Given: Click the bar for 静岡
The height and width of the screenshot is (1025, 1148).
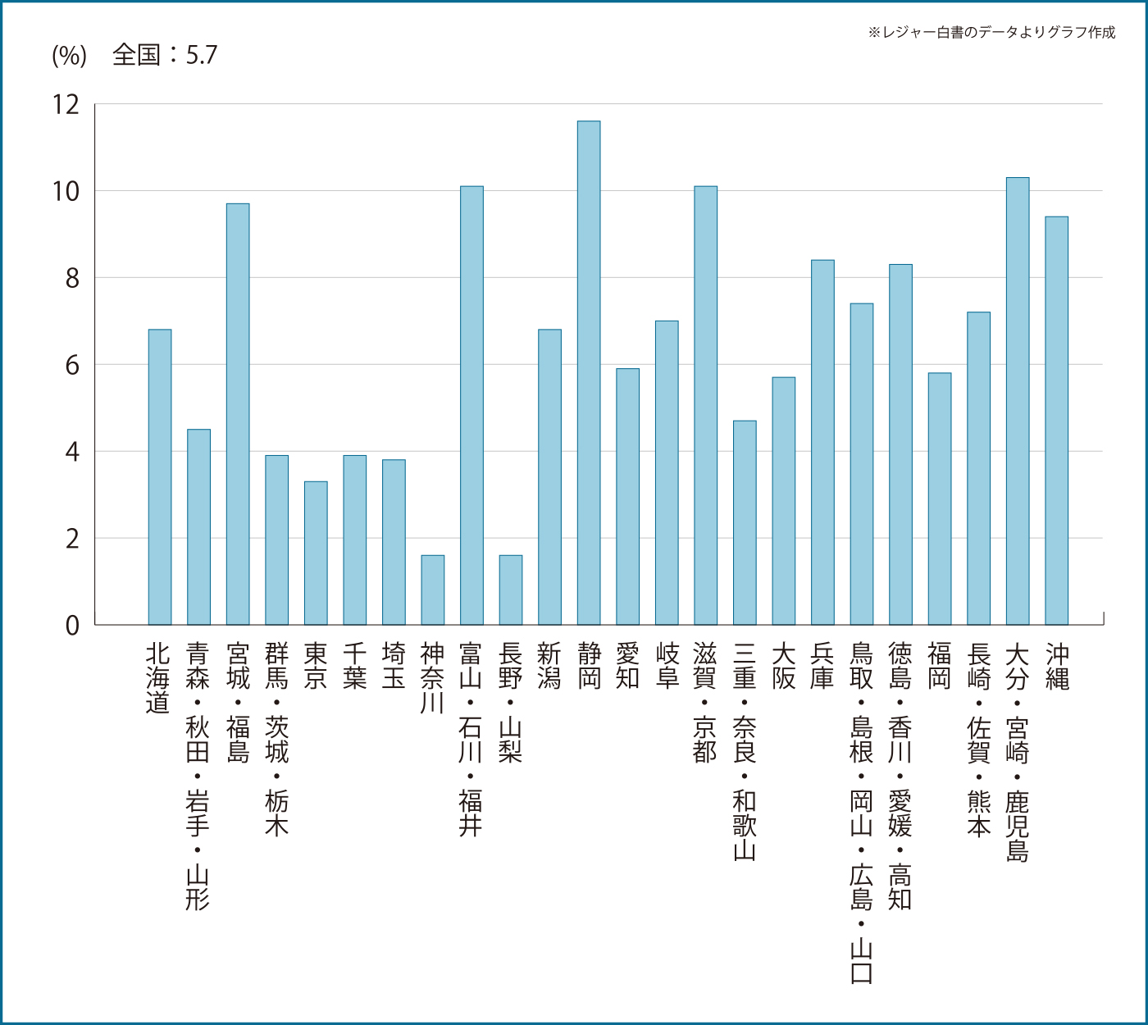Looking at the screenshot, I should [x=589, y=373].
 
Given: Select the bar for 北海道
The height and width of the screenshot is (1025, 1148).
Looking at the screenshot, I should [x=160, y=477].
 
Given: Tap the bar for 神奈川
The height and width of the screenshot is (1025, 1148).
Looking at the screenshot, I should [x=433, y=590].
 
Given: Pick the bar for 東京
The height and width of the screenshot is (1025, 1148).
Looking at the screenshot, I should [x=316, y=553].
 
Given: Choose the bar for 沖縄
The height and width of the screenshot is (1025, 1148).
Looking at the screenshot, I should [x=1056, y=421].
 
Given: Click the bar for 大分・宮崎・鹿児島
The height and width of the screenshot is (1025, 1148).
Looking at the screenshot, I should [x=1018, y=402].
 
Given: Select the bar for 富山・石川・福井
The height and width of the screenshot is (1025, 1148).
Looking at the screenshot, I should [x=471, y=406].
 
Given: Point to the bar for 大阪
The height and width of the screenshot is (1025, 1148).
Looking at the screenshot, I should [x=784, y=501].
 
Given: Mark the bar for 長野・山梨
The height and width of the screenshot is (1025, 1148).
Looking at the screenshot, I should [x=511, y=590].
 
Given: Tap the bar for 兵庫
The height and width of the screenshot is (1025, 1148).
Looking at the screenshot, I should [x=822, y=443].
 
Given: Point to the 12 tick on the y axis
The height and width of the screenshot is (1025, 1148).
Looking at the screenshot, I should [x=66, y=104].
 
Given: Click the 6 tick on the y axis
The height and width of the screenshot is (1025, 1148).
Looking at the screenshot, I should [x=72, y=365].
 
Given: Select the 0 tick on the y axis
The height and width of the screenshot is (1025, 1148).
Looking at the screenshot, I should [x=72, y=626].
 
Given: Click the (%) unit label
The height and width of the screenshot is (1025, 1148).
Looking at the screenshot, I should [x=69, y=56].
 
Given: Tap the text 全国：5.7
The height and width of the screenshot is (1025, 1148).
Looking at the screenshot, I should [x=165, y=55].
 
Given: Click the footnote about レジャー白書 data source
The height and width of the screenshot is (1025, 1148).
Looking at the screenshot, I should [x=991, y=32].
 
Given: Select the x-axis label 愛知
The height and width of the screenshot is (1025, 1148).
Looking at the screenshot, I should [x=627, y=666].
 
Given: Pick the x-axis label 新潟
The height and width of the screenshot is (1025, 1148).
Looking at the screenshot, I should [x=549, y=666].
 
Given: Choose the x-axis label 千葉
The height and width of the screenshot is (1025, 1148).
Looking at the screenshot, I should [x=354, y=666].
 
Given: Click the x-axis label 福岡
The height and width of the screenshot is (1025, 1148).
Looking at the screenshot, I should [x=940, y=666].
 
